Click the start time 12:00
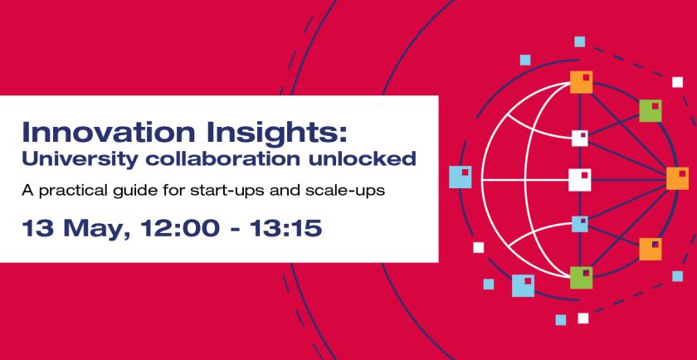169,226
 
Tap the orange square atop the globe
581,82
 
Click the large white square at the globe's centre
580,179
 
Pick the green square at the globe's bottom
581,277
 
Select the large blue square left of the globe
460,177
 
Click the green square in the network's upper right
651,110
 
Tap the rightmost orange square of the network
677,178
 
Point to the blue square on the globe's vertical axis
580,224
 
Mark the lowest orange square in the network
651,249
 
